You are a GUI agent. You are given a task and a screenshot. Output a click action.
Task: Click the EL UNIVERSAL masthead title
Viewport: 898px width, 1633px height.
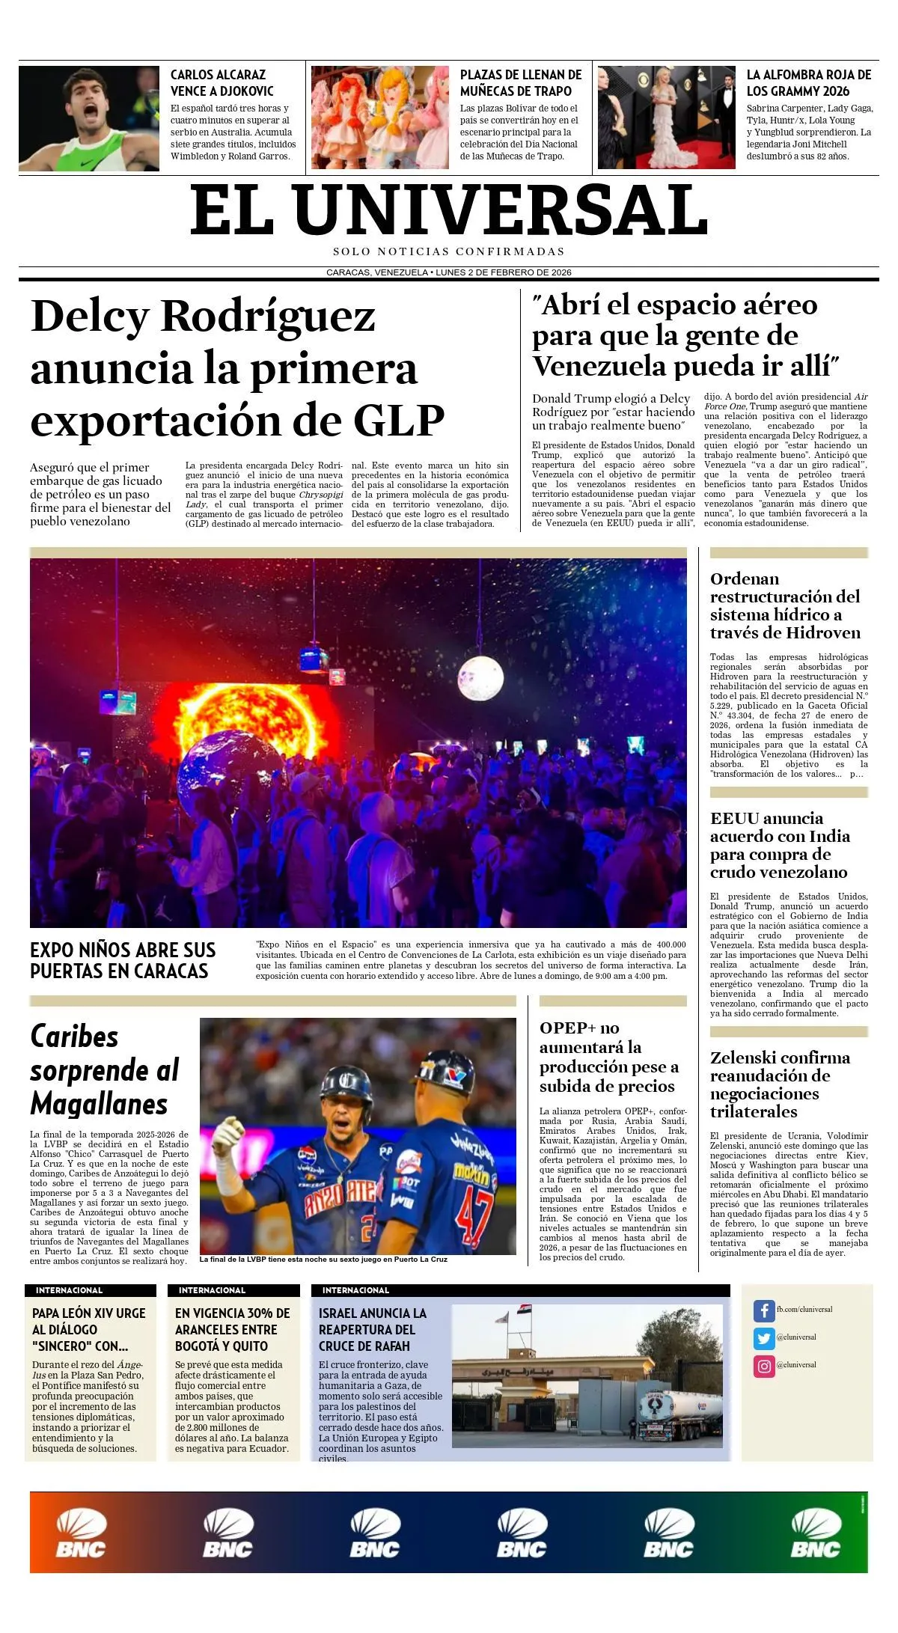[449, 211]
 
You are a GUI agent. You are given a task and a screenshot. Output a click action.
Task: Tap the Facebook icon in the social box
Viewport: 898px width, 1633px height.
[763, 1310]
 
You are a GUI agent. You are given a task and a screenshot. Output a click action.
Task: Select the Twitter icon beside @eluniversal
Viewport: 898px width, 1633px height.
[763, 1337]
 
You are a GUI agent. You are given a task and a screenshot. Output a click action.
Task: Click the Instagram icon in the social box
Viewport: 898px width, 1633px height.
[763, 1366]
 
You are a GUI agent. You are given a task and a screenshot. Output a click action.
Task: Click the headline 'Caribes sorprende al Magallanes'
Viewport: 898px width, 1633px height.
[105, 1070]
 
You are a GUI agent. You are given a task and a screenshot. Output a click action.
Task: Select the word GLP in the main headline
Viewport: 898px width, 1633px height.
[398, 421]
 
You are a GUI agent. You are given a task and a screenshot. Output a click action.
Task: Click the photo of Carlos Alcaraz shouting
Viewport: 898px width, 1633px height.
[88, 118]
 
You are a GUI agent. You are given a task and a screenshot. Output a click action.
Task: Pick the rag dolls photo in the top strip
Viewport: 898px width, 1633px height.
[379, 117]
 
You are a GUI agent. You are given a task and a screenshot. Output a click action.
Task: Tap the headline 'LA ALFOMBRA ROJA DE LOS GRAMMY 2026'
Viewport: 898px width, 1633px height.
[808, 82]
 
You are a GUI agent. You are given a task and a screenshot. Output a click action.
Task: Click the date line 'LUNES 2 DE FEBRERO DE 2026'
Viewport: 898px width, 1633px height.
[504, 272]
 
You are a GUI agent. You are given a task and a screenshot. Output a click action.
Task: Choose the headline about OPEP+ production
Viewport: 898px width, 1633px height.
[608, 1057]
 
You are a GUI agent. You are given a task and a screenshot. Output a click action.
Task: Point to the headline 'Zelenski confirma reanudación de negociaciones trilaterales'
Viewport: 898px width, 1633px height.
[780, 1084]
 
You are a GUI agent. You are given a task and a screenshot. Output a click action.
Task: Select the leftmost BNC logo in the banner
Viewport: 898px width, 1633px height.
[81, 1534]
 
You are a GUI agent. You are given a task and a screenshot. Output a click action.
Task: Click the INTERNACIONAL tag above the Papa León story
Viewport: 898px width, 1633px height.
[69, 1290]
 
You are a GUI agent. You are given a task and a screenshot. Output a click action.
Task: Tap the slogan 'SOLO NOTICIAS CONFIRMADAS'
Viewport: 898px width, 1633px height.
[449, 251]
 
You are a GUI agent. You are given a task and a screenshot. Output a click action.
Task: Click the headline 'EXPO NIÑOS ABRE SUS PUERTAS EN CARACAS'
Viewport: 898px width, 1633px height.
[123, 960]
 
